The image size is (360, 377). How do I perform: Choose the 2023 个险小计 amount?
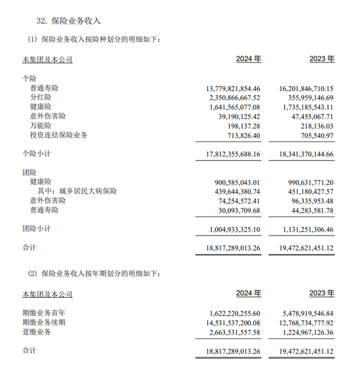pos(297,154)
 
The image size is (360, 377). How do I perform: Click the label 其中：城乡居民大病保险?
pos(77,191)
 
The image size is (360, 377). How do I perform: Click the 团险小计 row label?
pos(37,229)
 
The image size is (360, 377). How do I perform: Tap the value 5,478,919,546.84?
pos(299,314)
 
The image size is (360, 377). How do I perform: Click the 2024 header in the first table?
pos(248,59)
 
